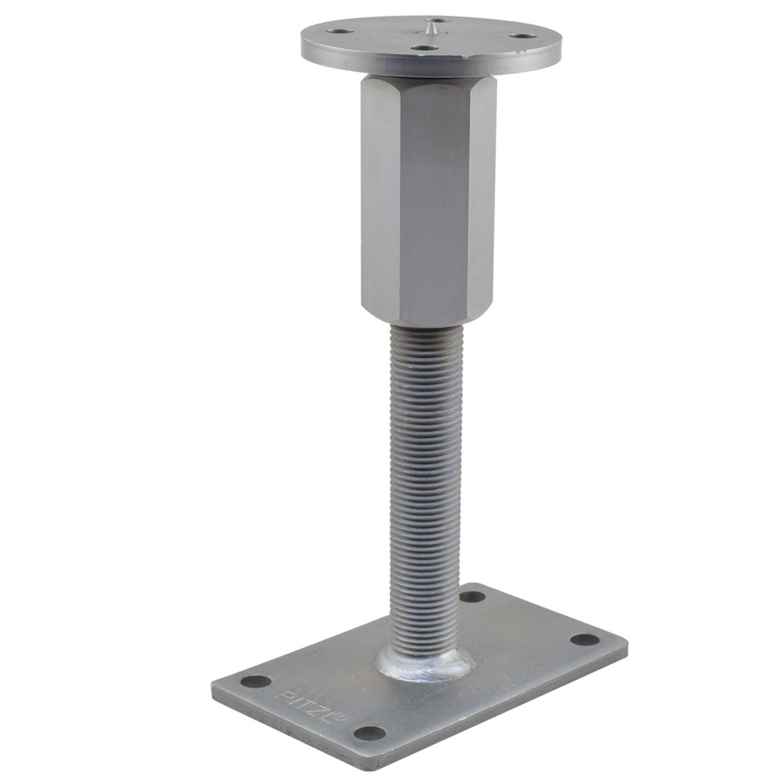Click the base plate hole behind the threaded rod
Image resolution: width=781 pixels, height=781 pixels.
pyautogui.click(x=473, y=597)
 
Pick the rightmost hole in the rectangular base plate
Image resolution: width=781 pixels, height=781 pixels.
pyautogui.click(x=584, y=639)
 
